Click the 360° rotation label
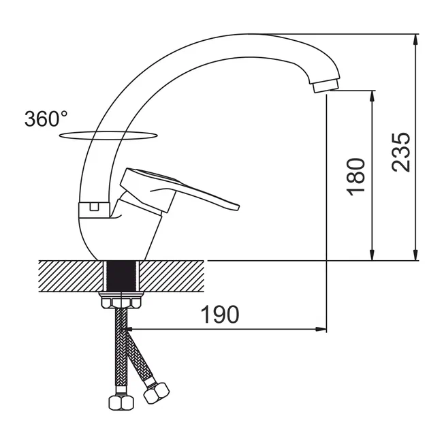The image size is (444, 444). [46, 119]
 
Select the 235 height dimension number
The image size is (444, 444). [400, 153]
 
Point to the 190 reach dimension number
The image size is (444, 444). [220, 315]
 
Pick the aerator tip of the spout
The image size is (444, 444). [326, 86]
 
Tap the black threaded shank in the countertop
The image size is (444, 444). [122, 276]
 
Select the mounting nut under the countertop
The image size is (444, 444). [121, 301]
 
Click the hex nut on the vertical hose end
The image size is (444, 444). [121, 402]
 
